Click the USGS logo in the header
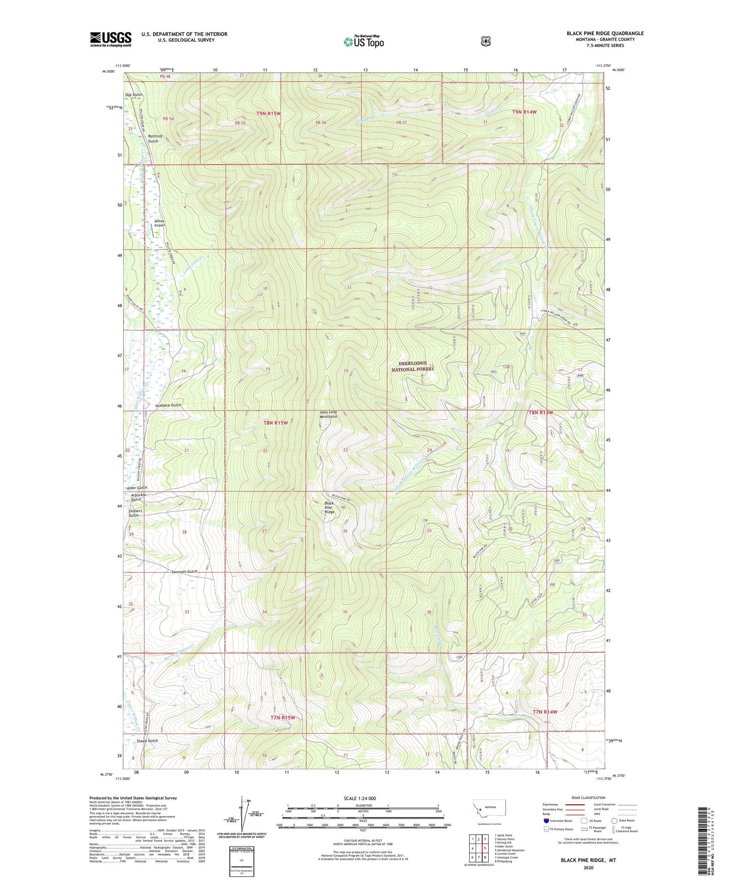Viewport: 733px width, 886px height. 110,39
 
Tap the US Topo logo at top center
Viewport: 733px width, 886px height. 364,42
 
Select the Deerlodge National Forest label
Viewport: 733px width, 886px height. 412,366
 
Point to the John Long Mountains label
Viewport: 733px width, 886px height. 328,414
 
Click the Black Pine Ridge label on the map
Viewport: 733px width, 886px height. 329,507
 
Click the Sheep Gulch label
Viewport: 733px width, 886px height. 147,741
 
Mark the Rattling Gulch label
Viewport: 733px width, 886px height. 153,138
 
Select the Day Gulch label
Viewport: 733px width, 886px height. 134,94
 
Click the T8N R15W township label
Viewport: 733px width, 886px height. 276,423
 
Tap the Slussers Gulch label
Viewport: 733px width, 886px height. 135,513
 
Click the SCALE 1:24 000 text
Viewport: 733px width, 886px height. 360,798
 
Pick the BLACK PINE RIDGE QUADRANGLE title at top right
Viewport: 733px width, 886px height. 605,33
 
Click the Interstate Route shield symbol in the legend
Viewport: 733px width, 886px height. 546,821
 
